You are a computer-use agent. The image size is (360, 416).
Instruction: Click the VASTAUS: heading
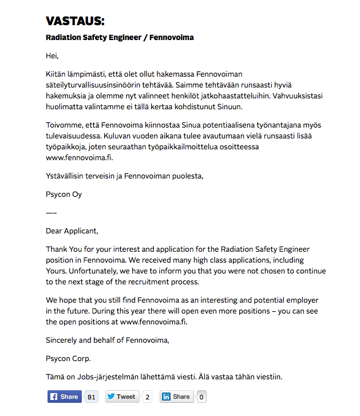[x=75, y=21]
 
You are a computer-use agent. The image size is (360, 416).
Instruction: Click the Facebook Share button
[x=64, y=397]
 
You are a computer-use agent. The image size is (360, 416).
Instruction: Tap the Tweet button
[x=122, y=397]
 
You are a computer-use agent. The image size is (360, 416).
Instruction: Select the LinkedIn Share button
[x=177, y=397]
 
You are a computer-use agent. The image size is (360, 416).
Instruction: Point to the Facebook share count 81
[x=91, y=397]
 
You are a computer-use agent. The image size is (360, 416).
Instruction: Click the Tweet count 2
[x=147, y=397]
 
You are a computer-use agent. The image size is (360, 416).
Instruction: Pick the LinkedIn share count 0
[x=201, y=397]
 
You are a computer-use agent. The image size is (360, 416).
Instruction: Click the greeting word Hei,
[x=52, y=56]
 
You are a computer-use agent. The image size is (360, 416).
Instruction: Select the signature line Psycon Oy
[x=64, y=194]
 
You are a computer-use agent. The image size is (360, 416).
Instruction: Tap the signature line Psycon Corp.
[x=68, y=359]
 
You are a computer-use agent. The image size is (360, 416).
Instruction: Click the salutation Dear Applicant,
[x=72, y=231]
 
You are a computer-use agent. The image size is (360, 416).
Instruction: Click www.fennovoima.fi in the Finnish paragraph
[x=79, y=157]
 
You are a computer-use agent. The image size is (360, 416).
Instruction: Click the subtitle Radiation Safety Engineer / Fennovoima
[x=120, y=38]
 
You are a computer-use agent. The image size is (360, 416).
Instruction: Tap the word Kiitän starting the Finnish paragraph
[x=56, y=74]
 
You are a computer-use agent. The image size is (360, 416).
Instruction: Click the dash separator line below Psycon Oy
[x=51, y=213]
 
